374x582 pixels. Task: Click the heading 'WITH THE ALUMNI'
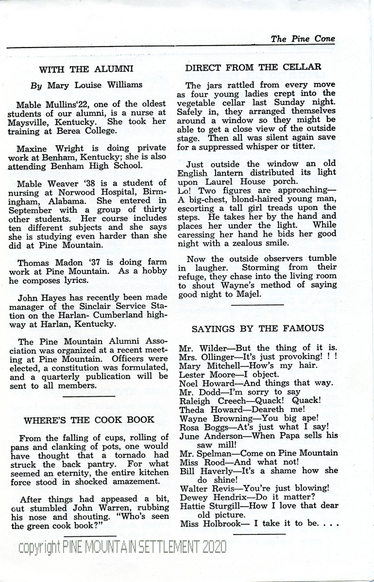(86, 69)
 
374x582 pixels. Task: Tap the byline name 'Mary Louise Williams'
(95, 85)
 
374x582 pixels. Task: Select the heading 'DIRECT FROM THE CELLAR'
(253, 67)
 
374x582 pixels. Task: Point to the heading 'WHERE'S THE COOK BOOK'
(89, 420)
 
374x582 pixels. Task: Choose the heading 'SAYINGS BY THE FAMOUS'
(257, 329)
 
